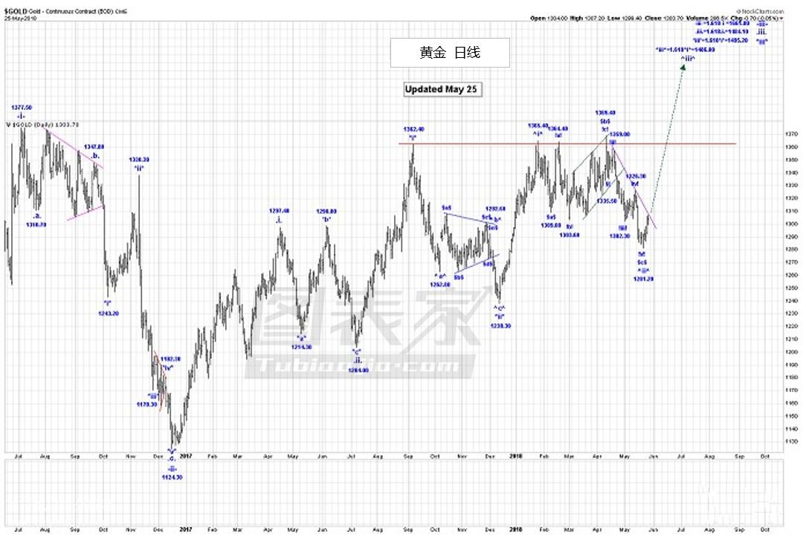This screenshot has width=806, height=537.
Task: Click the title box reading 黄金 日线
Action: [x=450, y=53]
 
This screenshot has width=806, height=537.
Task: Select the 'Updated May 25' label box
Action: [x=442, y=89]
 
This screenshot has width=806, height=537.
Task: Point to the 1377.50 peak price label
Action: [x=22, y=108]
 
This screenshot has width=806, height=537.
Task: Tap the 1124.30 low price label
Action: [x=172, y=477]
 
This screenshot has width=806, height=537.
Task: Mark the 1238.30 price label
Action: [x=500, y=325]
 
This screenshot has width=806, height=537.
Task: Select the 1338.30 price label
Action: [x=139, y=160]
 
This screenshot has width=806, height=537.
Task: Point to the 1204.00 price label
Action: [x=358, y=369]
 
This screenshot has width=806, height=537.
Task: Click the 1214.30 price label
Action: [x=302, y=347]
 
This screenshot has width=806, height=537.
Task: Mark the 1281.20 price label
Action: [x=643, y=279]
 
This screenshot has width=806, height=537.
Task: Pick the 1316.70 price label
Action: [x=37, y=224]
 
